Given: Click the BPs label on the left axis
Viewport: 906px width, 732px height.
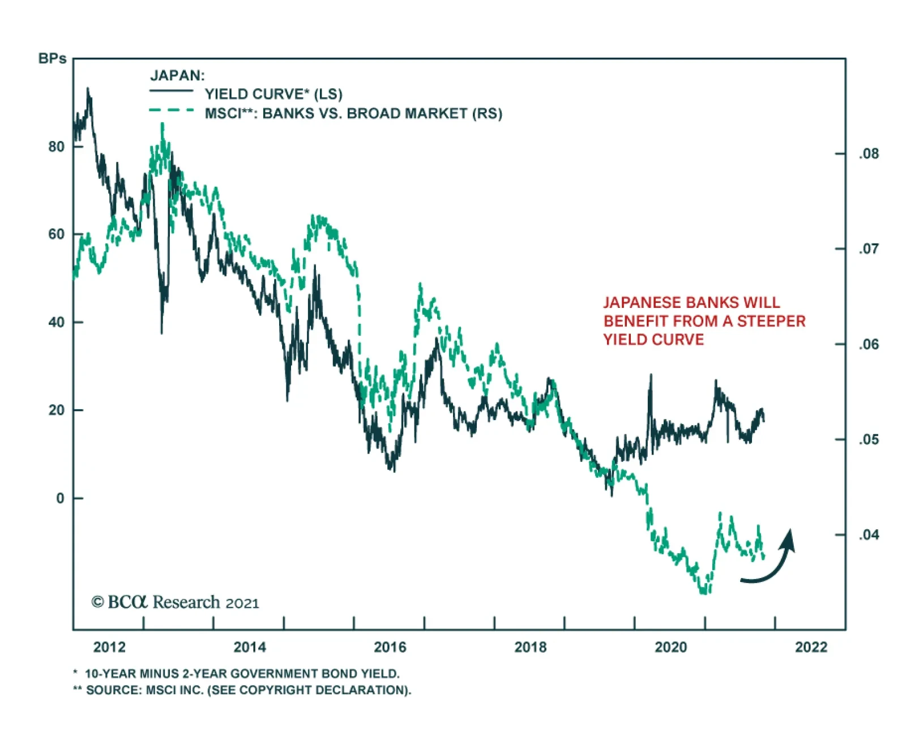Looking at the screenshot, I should click(x=52, y=59).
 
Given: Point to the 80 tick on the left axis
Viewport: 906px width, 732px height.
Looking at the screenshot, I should click(x=57, y=147).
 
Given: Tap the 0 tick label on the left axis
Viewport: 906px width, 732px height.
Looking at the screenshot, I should click(x=61, y=499).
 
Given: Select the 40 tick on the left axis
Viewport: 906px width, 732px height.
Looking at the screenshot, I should click(x=57, y=323).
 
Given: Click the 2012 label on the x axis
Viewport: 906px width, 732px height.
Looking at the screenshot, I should click(x=109, y=647).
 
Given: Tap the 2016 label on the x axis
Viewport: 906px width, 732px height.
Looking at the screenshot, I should click(x=390, y=647).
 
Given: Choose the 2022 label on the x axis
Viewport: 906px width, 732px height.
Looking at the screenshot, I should click(x=811, y=647).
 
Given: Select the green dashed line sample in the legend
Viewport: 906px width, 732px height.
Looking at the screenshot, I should click(x=171, y=110).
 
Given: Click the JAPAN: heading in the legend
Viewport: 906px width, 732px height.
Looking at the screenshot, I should click(x=177, y=75).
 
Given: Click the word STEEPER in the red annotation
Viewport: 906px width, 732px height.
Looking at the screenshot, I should click(x=771, y=322).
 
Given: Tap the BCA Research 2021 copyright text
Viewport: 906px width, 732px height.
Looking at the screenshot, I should click(x=175, y=602).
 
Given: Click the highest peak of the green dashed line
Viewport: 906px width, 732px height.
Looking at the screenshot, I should click(x=163, y=124).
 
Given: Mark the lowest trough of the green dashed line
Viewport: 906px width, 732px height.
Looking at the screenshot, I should click(x=704, y=592).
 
